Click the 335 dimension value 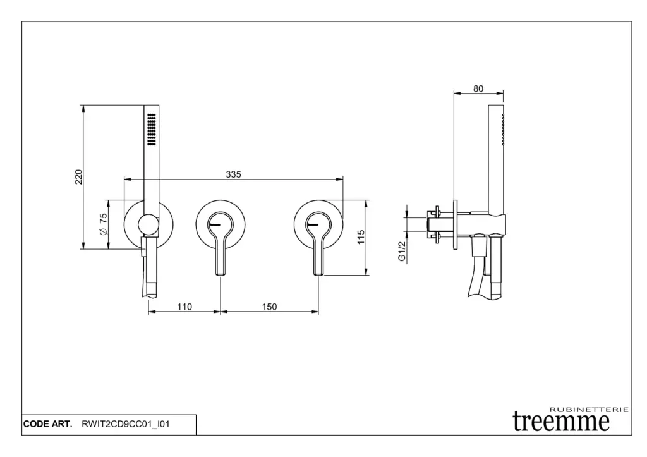point(233,174)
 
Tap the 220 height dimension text point(78,177)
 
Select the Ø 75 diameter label point(103,224)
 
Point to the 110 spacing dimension point(184,307)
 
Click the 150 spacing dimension point(269,307)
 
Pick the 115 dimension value point(361,238)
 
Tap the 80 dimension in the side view point(478,88)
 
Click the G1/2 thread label point(402,251)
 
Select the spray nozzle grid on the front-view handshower point(152,129)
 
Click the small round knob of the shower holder point(148,226)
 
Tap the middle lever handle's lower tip point(221,274)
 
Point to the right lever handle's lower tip point(318,274)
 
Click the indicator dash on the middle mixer point(215,224)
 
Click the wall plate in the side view point(455,224)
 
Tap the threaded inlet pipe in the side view point(437,224)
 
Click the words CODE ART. point(47,424)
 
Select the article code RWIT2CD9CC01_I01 point(126,424)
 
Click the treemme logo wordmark point(561,422)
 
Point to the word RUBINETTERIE point(590,410)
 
